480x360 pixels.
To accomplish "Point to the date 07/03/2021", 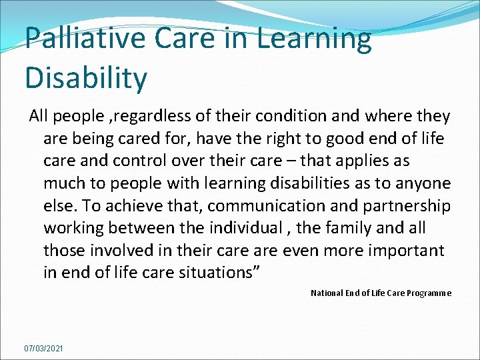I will [x=43, y=348].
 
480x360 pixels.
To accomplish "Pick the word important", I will [x=404, y=250].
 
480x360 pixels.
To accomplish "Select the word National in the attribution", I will [x=326, y=293].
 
